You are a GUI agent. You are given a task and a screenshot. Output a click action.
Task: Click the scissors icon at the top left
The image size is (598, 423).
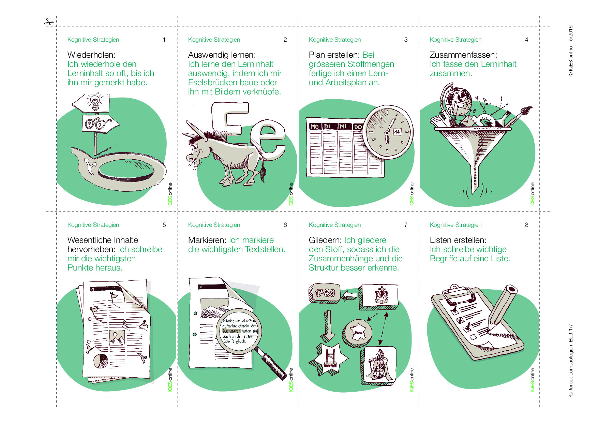pos(49,23)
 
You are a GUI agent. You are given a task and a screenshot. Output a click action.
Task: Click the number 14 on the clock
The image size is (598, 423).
pos(397,132)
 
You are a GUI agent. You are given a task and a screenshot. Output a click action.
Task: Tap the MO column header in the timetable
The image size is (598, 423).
pos(314,127)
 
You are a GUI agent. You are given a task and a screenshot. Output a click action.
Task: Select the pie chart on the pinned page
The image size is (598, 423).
pos(101,361)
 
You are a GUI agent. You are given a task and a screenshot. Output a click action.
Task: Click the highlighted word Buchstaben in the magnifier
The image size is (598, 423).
pos(232,331)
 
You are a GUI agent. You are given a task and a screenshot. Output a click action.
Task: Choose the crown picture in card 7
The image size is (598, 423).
pos(379,296)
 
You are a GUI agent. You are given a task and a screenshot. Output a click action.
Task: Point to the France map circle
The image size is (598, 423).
pos(357,333)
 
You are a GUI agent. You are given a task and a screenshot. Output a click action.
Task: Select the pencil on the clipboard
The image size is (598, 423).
pos(502,305)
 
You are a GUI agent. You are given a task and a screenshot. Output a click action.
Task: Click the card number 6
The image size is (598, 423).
pos(285,225)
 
